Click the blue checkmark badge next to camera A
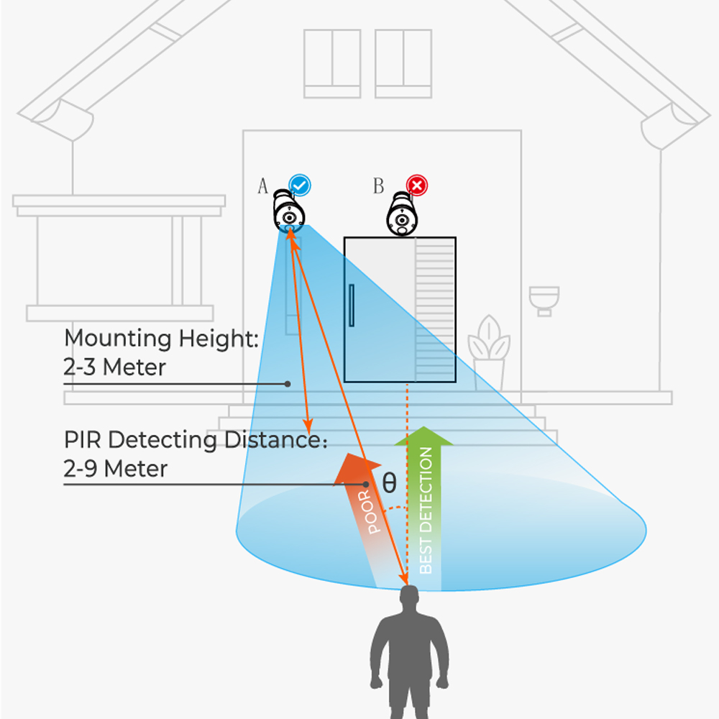(x=300, y=186)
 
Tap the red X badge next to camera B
(x=417, y=186)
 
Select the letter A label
(x=262, y=186)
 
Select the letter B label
(x=378, y=186)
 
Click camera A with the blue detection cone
(x=288, y=212)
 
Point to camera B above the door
(x=402, y=214)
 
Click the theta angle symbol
(x=389, y=483)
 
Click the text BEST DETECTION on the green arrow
(x=426, y=510)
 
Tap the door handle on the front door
(x=352, y=306)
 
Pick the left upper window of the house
(x=332, y=64)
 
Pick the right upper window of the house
(x=403, y=64)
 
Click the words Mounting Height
(x=161, y=339)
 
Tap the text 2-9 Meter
(x=116, y=469)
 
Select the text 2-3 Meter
(x=114, y=367)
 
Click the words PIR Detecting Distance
(x=196, y=440)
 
